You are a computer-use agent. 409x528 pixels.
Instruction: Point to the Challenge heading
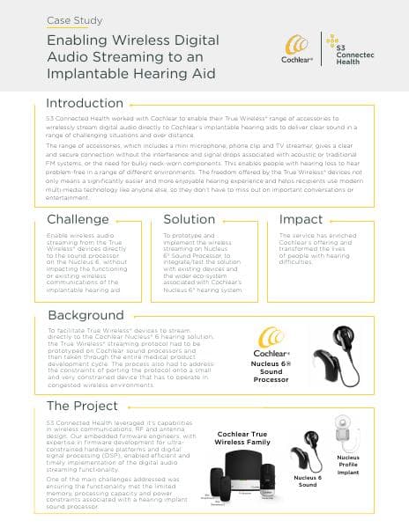78,219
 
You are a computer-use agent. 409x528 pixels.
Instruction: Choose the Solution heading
190,219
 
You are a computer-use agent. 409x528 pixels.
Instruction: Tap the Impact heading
301,219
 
